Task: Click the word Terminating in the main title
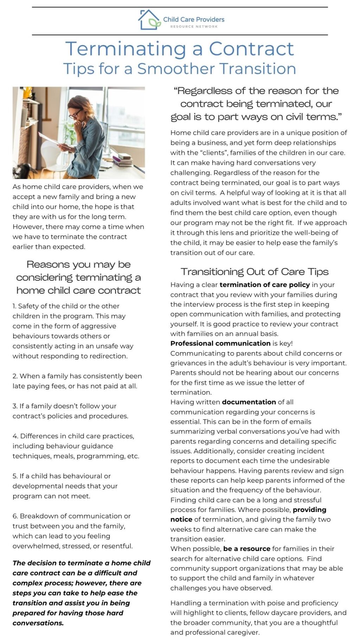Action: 126,49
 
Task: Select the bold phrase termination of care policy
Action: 264,284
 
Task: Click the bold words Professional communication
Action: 220,343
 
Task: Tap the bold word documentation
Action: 249,402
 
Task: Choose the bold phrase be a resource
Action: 246,549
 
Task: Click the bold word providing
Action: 309,510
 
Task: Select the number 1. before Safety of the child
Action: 15,306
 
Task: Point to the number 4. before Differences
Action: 15,436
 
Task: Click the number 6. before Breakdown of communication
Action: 15,516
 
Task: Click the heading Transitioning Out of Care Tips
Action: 255,272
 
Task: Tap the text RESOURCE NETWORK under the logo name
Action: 194,27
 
